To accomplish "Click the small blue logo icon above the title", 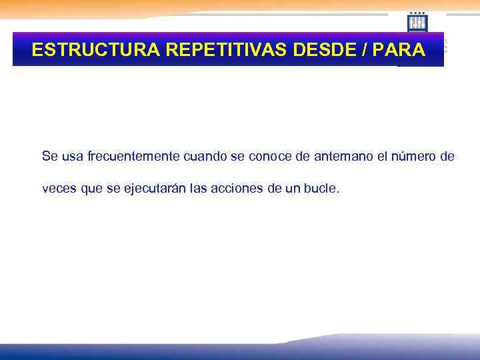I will click(417, 22).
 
